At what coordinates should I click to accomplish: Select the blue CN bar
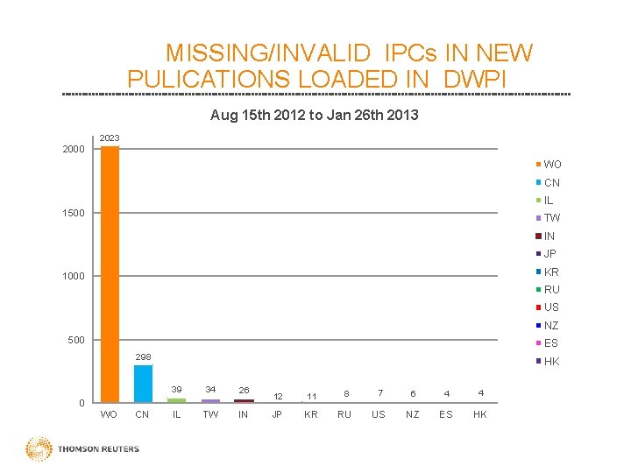[143, 384]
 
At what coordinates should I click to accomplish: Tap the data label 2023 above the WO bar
[110, 138]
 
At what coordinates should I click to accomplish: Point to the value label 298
[143, 357]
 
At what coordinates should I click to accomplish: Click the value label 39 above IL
[176, 389]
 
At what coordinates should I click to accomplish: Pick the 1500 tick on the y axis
[74, 213]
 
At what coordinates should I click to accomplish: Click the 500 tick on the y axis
[76, 340]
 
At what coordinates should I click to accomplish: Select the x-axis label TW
[210, 414]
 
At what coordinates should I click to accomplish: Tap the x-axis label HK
[479, 414]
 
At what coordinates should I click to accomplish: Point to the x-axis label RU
[344, 414]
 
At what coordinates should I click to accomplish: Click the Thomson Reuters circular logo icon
[39, 449]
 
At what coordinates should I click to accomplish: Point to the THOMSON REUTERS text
[98, 450]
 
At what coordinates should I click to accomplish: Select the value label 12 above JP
[278, 397]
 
